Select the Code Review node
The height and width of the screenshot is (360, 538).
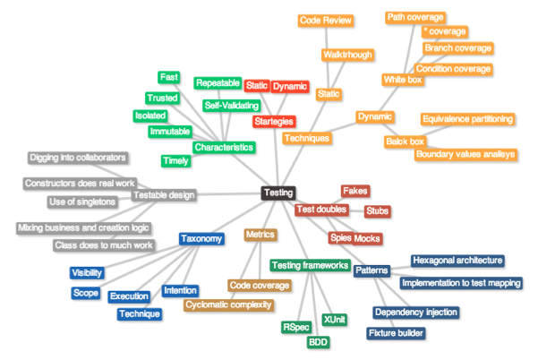point(326,20)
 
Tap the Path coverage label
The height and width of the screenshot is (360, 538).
point(414,17)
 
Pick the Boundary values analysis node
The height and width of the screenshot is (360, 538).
point(465,154)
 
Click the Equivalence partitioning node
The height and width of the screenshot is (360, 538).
point(467,119)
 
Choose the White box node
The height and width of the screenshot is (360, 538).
point(403,80)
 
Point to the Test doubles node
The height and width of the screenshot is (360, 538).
point(322,210)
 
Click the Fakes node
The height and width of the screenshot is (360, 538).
point(355,191)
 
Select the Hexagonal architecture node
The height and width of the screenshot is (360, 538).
point(457,261)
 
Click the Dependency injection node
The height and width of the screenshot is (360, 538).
point(416,313)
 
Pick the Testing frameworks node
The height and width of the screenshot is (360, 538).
point(310,265)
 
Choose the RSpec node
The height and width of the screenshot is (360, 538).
point(296,327)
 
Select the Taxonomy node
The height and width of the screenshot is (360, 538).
point(201,239)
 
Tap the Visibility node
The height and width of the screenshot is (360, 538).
point(87,273)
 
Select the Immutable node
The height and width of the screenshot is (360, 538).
point(169,132)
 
